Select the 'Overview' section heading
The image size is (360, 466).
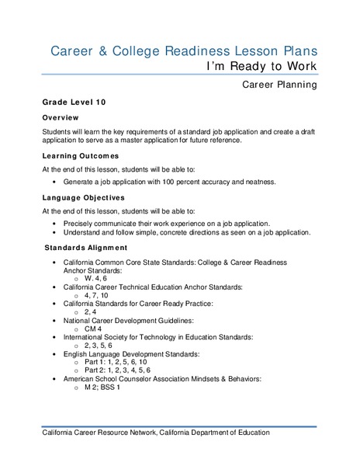click(x=64, y=117)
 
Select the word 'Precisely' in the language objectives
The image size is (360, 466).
click(x=81, y=222)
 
